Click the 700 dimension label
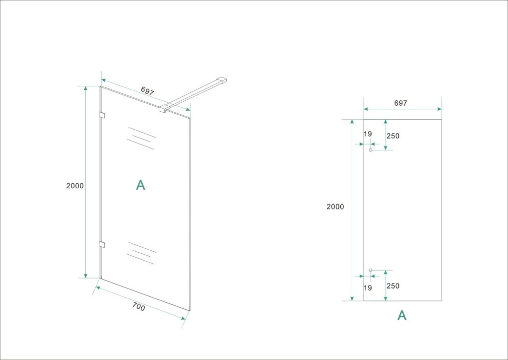pyautogui.click(x=139, y=306)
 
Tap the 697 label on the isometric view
pyautogui.click(x=147, y=91)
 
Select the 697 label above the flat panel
pyautogui.click(x=400, y=103)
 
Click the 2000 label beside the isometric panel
pyautogui.click(x=75, y=186)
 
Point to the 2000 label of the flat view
pyautogui.click(x=335, y=207)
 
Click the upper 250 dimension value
pyautogui.click(x=393, y=136)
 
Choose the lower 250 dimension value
pyautogui.click(x=393, y=286)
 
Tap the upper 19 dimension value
pyautogui.click(x=368, y=134)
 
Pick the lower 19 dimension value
pyautogui.click(x=368, y=288)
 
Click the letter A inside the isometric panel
pyautogui.click(x=140, y=185)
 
